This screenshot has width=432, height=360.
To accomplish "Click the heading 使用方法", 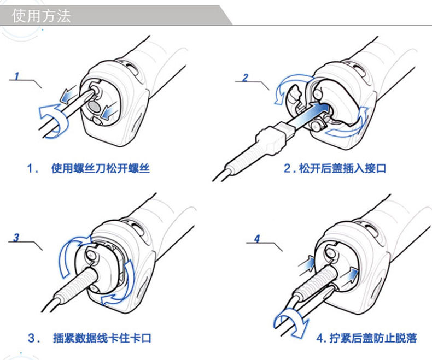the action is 42,16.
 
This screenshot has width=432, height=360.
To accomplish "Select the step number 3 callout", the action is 17,237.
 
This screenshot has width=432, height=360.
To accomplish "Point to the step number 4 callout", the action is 257,238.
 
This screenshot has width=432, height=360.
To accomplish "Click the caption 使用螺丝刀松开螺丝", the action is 101,169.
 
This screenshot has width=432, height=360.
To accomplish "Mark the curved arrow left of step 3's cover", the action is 65,257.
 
